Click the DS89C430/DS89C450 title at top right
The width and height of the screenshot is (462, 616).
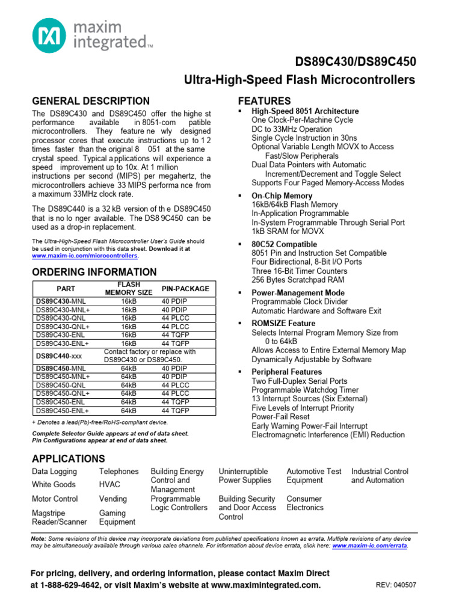coord(355,62)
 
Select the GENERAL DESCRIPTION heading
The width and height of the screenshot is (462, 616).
coord(91,101)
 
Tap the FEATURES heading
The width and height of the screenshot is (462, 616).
coord(265,100)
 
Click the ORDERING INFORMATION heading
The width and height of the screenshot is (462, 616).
coord(94,272)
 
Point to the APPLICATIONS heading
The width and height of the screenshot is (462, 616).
coord(68,458)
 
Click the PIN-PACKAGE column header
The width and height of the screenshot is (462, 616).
coord(186,289)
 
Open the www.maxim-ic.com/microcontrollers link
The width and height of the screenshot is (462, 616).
coord(85,256)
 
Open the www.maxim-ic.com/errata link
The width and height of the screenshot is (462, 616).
coord(369,546)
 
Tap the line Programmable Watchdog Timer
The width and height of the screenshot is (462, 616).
coord(306,390)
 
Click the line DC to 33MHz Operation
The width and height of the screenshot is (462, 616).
coord(292,129)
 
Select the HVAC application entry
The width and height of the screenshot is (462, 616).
coord(109,484)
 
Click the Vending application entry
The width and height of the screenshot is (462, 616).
coord(113,499)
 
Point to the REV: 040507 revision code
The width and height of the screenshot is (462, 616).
coord(396,585)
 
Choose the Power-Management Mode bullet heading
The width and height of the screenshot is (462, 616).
coord(298,293)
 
